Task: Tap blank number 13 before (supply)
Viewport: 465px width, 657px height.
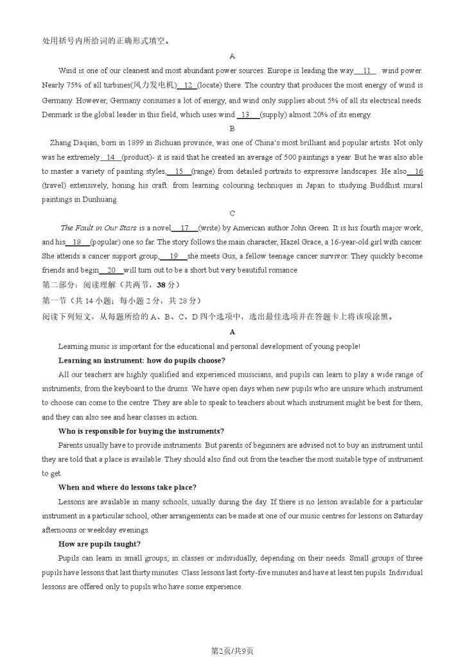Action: coord(247,115)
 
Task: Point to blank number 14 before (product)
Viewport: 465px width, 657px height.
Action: coord(110,157)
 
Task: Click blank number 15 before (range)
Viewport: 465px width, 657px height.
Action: coord(179,171)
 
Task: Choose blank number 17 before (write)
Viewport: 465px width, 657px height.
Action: coord(184,228)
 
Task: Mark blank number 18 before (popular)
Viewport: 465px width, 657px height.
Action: coord(78,242)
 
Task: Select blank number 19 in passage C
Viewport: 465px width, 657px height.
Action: coord(173,256)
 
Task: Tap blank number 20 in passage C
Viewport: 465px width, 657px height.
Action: coord(111,270)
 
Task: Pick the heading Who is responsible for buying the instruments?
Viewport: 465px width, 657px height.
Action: coord(141,431)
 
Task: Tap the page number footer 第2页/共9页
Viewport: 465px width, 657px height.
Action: coord(232,651)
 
